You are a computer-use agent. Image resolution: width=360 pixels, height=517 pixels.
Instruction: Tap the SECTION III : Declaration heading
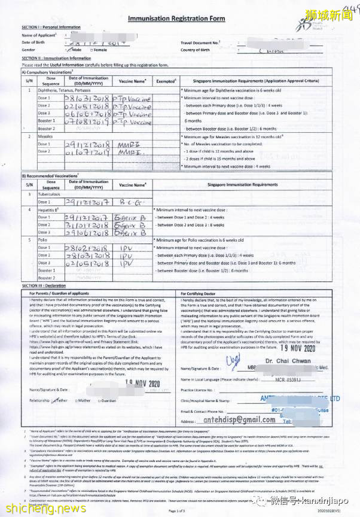tap(48, 286)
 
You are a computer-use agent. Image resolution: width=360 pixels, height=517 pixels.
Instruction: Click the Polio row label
tap(42, 239)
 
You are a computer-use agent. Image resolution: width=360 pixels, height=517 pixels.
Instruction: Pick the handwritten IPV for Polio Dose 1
tap(127, 247)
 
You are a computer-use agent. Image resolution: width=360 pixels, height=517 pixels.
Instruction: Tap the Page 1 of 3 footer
tap(178, 510)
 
